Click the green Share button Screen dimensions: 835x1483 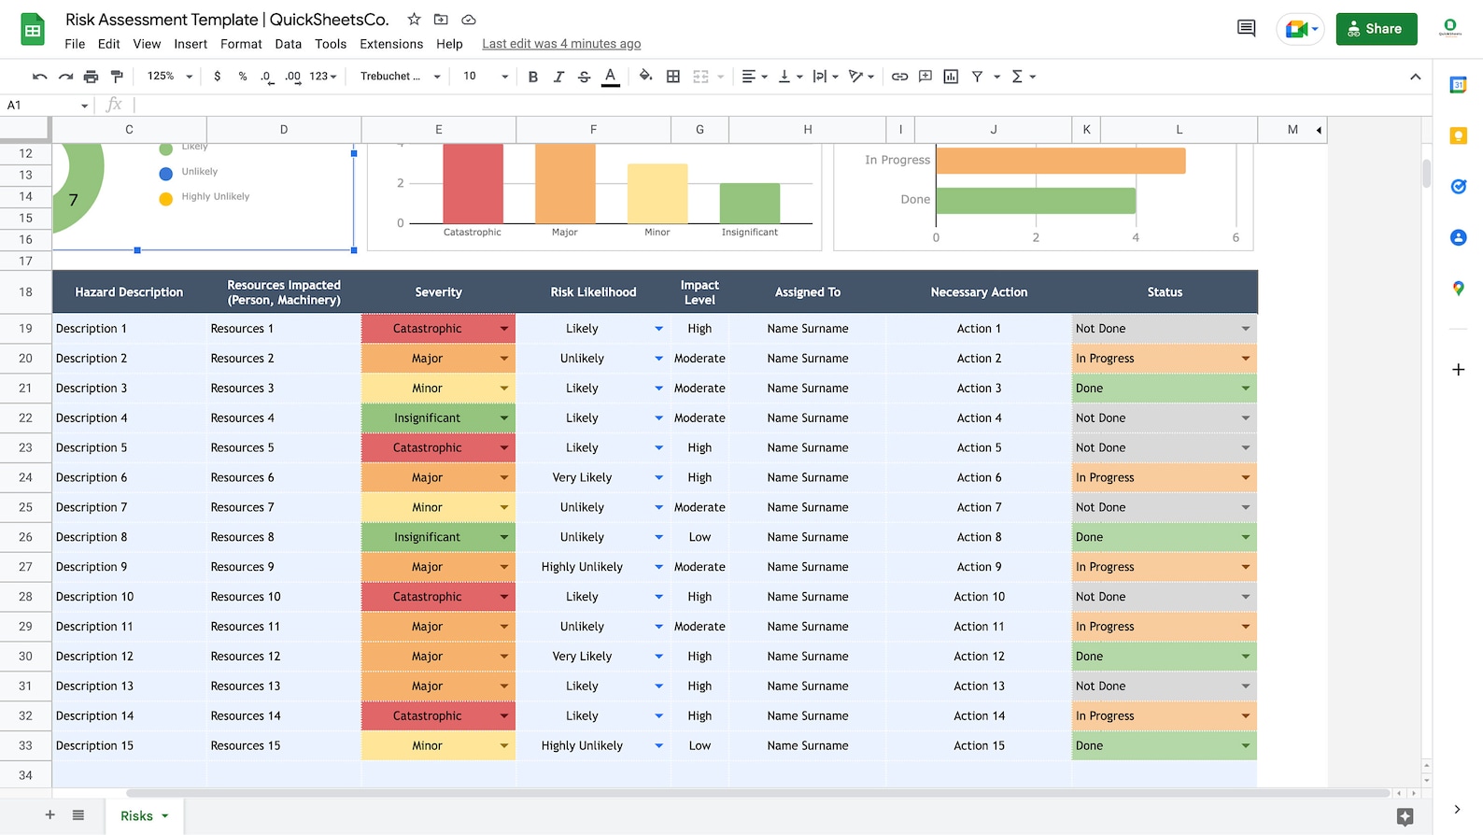tap(1376, 29)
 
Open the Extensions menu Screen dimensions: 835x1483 tap(391, 44)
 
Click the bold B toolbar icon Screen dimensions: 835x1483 tap(532, 77)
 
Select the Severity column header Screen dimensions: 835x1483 tap(438, 292)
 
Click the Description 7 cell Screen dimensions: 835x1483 tap(92, 507)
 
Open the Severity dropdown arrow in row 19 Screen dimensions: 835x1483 tap(504, 329)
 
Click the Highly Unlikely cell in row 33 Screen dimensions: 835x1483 tap(582, 746)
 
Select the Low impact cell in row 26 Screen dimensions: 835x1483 tap(699, 537)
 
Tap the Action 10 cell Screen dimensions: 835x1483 tap(979, 597)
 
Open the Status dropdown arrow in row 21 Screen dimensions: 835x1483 tap(1245, 389)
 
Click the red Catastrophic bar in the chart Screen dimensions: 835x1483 tap(473, 183)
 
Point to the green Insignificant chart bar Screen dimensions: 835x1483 tap(749, 204)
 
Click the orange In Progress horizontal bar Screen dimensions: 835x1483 tap(1060, 161)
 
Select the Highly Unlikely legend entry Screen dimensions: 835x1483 tap(215, 197)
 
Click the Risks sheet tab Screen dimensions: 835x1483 tap(136, 816)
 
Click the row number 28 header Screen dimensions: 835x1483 tap(25, 597)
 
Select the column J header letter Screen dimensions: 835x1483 tap(993, 130)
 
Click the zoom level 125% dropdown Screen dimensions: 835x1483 tap(169, 77)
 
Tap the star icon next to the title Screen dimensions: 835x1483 tap(414, 20)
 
